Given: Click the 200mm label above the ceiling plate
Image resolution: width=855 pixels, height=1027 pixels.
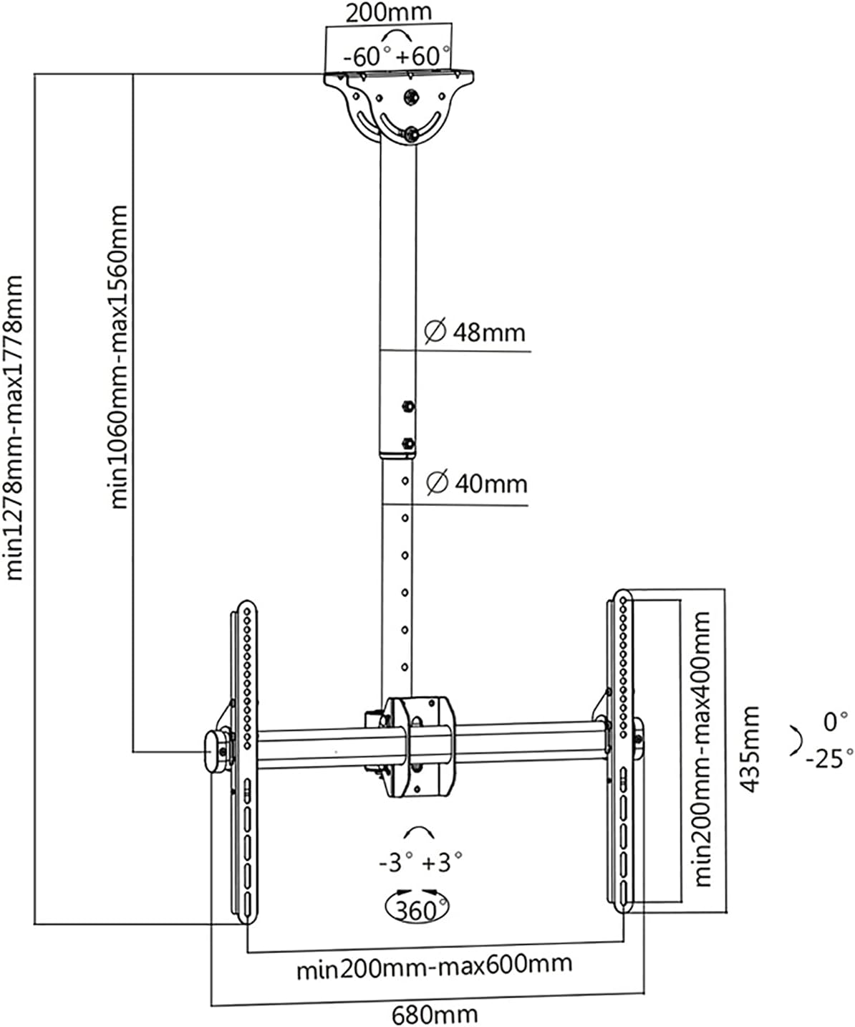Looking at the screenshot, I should (388, 12).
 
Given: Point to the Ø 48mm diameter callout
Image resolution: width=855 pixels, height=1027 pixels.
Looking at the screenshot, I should (475, 333).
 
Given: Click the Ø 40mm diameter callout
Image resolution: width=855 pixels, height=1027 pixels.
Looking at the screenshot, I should (476, 484).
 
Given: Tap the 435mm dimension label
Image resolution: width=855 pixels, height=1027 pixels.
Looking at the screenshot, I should (749, 748).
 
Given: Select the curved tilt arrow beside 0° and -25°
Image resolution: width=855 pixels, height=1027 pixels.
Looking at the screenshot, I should (795, 738).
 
